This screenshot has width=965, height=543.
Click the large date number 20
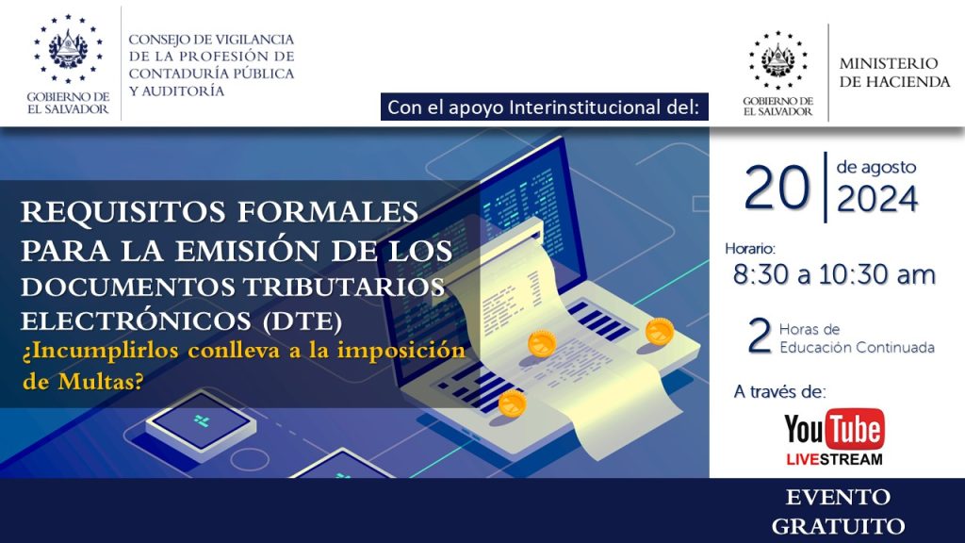click(x=777, y=188)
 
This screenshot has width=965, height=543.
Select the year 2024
click(x=877, y=199)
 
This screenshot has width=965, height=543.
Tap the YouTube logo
click(x=834, y=429)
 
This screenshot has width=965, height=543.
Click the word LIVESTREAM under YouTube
click(x=834, y=459)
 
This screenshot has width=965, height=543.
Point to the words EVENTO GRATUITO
click(x=838, y=512)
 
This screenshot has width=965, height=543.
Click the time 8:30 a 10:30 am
click(x=834, y=274)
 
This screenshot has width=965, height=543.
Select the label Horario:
click(x=750, y=249)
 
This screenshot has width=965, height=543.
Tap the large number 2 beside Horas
click(x=760, y=337)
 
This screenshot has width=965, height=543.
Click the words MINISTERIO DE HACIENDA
click(x=895, y=72)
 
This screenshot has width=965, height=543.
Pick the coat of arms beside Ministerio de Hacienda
click(x=777, y=59)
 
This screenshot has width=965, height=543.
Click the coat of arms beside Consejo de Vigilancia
click(x=68, y=49)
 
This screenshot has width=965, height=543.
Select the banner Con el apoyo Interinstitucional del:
click(x=544, y=107)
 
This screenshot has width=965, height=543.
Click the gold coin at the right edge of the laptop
click(x=659, y=331)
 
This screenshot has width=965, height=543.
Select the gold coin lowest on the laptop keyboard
click(x=512, y=403)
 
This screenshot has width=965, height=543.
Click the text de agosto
click(x=875, y=167)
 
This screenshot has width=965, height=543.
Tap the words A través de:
click(x=779, y=391)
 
